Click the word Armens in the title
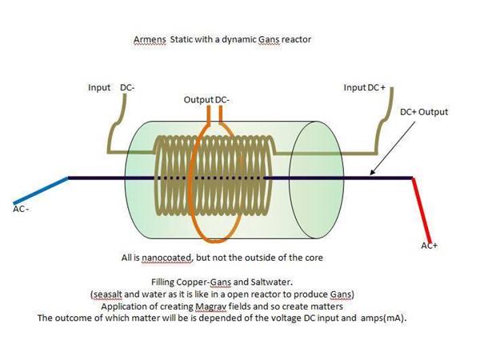[x=150, y=39]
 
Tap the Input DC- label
[x=111, y=87]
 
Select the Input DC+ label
[x=364, y=87]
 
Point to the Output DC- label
[x=206, y=100]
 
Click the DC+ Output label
[x=424, y=112]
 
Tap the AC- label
[x=21, y=209]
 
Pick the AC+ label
[x=429, y=246]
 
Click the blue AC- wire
[x=41, y=190]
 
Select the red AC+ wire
[x=422, y=210]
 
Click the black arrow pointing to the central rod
[x=393, y=148]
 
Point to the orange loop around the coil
[x=190, y=184]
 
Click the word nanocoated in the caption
[x=167, y=258]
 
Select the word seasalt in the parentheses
[x=107, y=294]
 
